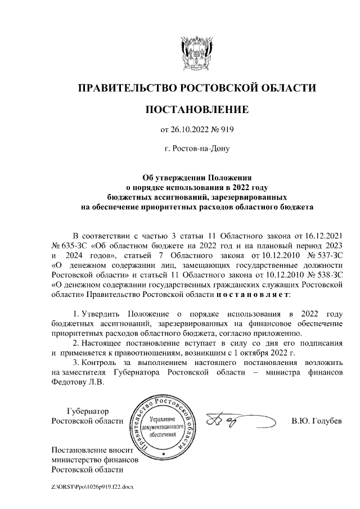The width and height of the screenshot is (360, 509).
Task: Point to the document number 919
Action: pos(226,130)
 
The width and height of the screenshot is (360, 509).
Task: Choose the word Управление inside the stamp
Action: pos(163,419)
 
